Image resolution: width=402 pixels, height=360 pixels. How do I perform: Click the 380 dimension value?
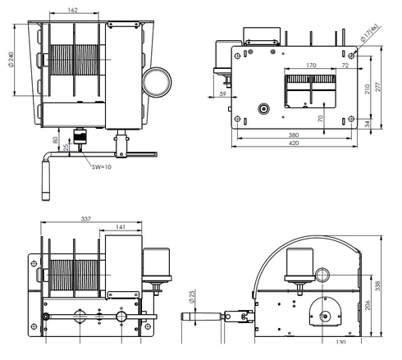[x=294, y=135]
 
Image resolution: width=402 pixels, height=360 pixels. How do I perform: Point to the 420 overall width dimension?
[x=294, y=144]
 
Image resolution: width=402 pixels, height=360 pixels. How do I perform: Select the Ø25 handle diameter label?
[x=192, y=294]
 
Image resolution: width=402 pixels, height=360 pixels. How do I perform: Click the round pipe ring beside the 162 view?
[x=158, y=80]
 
